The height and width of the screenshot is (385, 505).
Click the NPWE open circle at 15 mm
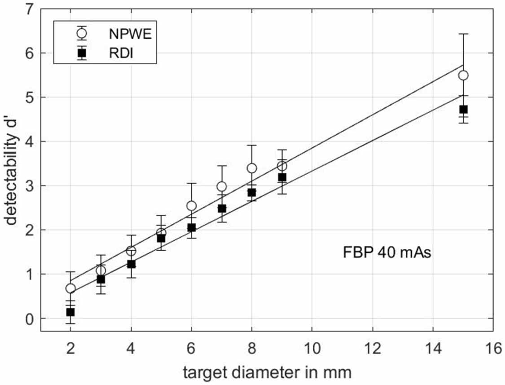(463, 75)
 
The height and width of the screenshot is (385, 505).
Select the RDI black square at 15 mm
(463, 109)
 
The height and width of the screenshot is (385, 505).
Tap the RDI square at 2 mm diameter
(70, 312)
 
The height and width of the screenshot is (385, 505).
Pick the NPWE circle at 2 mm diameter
(70, 288)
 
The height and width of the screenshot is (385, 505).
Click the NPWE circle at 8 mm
(252, 168)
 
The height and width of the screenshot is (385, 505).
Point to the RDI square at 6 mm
(191, 227)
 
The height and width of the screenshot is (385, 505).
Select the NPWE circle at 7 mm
(222, 186)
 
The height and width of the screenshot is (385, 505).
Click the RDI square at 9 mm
(282, 177)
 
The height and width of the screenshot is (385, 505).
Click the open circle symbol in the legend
(81, 33)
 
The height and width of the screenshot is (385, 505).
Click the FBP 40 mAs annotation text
(385, 253)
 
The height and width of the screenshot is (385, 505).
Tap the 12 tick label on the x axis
(372, 348)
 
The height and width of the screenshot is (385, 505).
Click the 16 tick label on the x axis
(493, 348)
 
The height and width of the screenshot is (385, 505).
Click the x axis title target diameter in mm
(268, 372)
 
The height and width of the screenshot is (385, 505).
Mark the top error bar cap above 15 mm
(463, 34)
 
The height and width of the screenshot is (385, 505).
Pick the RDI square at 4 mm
(131, 264)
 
